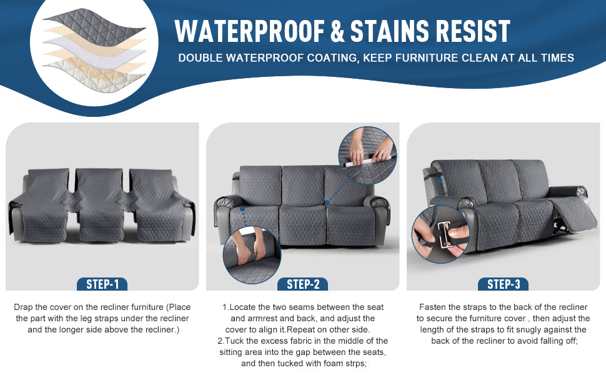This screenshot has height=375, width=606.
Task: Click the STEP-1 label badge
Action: pyautogui.click(x=102, y=284)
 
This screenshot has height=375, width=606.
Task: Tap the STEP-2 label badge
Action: pyautogui.click(x=302, y=284)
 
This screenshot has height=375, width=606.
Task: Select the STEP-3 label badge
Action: pyautogui.click(x=503, y=284)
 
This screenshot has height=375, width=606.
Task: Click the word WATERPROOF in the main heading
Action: pyautogui.click(x=250, y=31)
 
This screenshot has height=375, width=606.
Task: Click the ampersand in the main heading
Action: pyautogui.click(x=337, y=31)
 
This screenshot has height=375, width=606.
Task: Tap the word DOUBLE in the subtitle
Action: pyautogui.click(x=200, y=58)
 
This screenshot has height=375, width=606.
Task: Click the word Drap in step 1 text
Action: pyautogui.click(x=23, y=307)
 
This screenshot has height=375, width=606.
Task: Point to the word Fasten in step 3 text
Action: pyautogui.click(x=433, y=307)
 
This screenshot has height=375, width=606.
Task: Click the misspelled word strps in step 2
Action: pyautogui.click(x=355, y=363)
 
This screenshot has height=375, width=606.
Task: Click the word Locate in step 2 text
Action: pyautogui.click(x=242, y=307)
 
